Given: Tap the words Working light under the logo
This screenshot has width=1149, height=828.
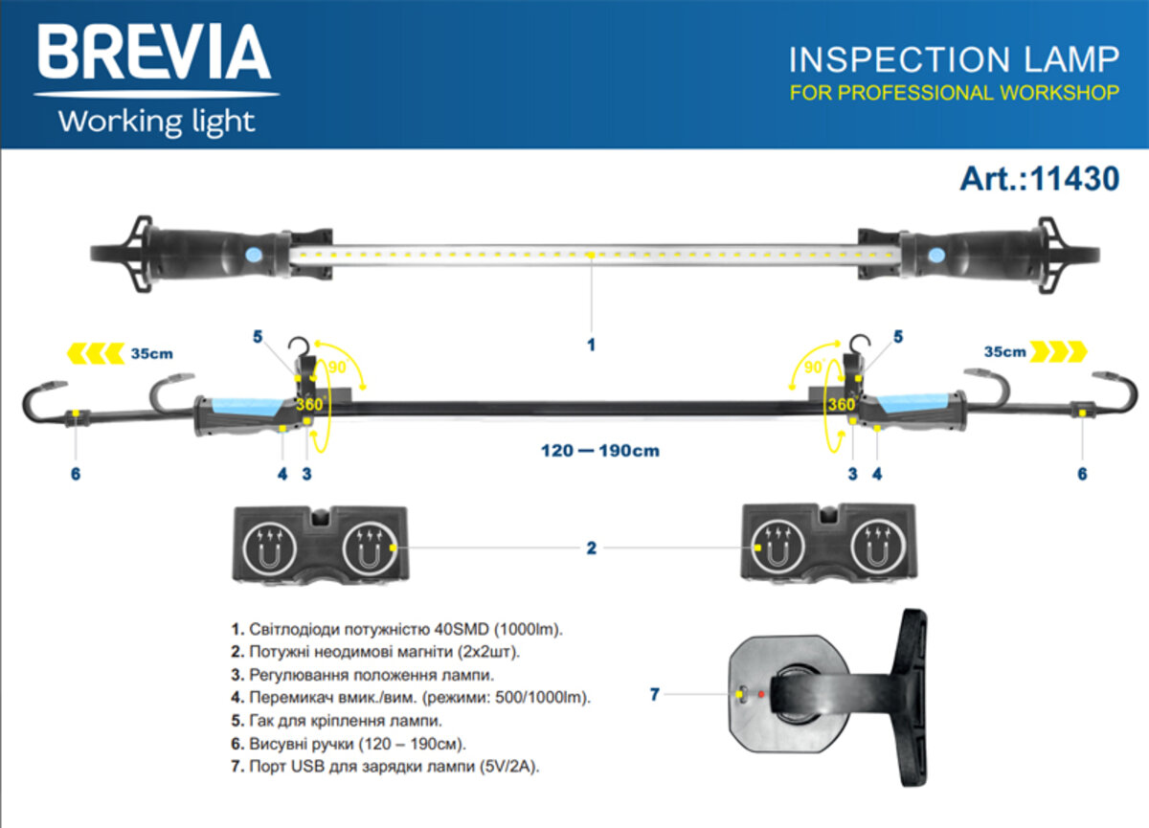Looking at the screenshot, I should (156, 122).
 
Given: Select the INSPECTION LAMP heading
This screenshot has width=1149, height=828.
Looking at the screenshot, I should (953, 59).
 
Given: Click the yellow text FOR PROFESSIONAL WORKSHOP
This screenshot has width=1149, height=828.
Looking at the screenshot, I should (954, 93).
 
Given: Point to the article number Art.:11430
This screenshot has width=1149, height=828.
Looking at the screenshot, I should (1039, 178).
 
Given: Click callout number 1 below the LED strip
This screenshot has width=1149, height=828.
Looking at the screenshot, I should (591, 343).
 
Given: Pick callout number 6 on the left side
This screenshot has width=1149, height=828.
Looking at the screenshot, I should (76, 473).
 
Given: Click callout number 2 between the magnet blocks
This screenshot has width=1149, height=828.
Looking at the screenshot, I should (591, 548).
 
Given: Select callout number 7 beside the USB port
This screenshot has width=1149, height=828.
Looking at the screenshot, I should (655, 695).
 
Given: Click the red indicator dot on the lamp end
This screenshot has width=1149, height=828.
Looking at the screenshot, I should (761, 693).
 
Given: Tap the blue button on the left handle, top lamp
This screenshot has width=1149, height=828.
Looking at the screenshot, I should (252, 256).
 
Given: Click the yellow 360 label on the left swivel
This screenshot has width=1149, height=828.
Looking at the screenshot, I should (309, 404).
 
